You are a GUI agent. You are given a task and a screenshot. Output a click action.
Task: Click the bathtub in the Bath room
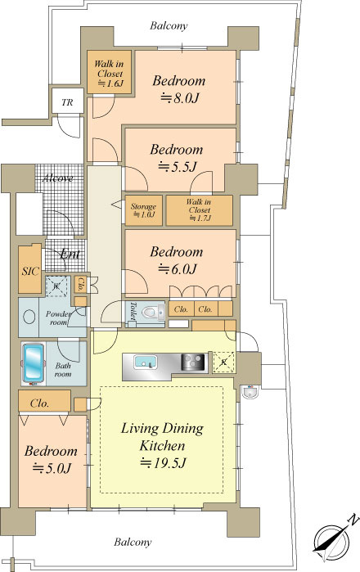(x=34, y=363)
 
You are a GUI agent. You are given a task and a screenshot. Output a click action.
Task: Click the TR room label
(x=67, y=102)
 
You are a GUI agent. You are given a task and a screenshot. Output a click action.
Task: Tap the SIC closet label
(x=30, y=271)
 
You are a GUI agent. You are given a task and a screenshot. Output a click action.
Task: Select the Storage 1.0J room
(x=144, y=210)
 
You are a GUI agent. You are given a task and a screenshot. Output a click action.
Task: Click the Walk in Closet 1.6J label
(x=110, y=74)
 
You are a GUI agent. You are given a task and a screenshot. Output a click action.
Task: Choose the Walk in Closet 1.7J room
(x=200, y=210)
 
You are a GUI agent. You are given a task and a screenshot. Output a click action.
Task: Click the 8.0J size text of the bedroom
(x=180, y=97)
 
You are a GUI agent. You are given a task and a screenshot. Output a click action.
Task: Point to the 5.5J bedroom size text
(x=178, y=167)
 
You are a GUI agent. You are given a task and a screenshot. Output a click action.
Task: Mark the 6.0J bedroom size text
(x=178, y=269)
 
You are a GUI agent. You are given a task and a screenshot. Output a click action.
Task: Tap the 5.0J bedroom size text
(x=52, y=467)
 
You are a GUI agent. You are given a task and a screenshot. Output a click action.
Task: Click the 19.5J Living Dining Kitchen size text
(x=163, y=462)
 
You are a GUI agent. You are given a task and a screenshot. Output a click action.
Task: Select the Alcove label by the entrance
(x=57, y=178)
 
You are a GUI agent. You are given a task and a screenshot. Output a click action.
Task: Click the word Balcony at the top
(x=169, y=25)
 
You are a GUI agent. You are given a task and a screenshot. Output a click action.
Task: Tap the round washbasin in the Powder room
(x=29, y=317)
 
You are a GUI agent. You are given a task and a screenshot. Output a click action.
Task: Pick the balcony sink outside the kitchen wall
(x=250, y=392)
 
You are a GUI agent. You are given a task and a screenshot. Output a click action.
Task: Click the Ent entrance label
(x=70, y=254)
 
